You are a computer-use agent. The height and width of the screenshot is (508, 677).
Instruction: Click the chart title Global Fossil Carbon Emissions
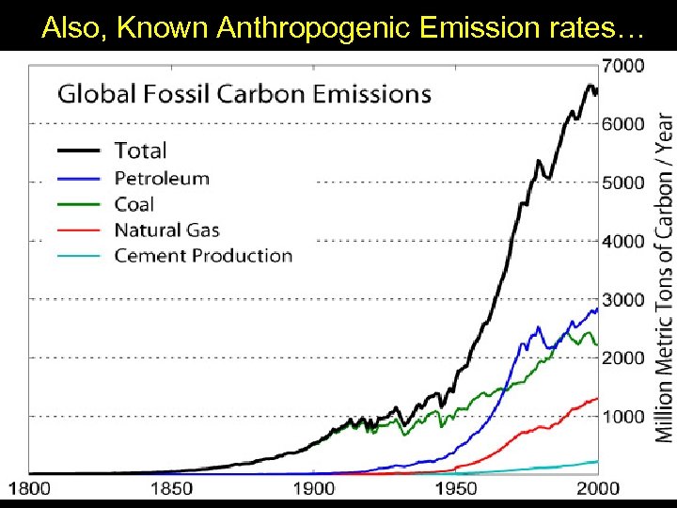(244, 94)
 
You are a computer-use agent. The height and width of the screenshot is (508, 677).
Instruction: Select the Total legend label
(140, 151)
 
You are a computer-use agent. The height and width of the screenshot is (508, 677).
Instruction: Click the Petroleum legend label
(162, 178)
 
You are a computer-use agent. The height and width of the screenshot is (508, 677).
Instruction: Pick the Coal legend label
(134, 204)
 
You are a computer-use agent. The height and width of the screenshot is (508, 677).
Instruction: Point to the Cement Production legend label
(203, 255)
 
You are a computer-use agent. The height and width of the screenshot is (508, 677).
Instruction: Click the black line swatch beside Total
(79, 151)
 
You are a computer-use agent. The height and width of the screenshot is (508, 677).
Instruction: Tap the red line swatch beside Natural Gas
(79, 230)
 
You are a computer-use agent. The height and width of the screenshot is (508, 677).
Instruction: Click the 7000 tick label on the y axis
(622, 65)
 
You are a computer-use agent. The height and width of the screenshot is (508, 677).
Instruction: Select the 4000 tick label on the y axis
(622, 241)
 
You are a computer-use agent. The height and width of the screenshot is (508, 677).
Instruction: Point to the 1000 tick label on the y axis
(622, 416)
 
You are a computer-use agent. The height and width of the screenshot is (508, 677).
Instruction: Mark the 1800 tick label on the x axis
(30, 487)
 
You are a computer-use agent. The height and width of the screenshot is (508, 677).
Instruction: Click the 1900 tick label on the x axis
(313, 487)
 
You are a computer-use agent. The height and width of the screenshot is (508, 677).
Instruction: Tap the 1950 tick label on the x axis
(455, 487)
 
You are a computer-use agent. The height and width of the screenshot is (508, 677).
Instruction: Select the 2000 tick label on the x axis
(597, 487)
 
